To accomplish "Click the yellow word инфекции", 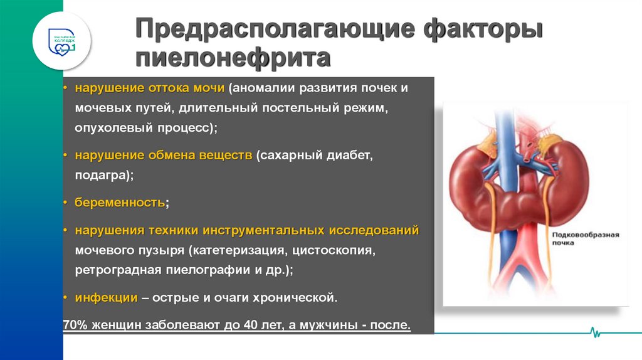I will coord(106,298).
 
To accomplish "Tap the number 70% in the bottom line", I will coord(75,326).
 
